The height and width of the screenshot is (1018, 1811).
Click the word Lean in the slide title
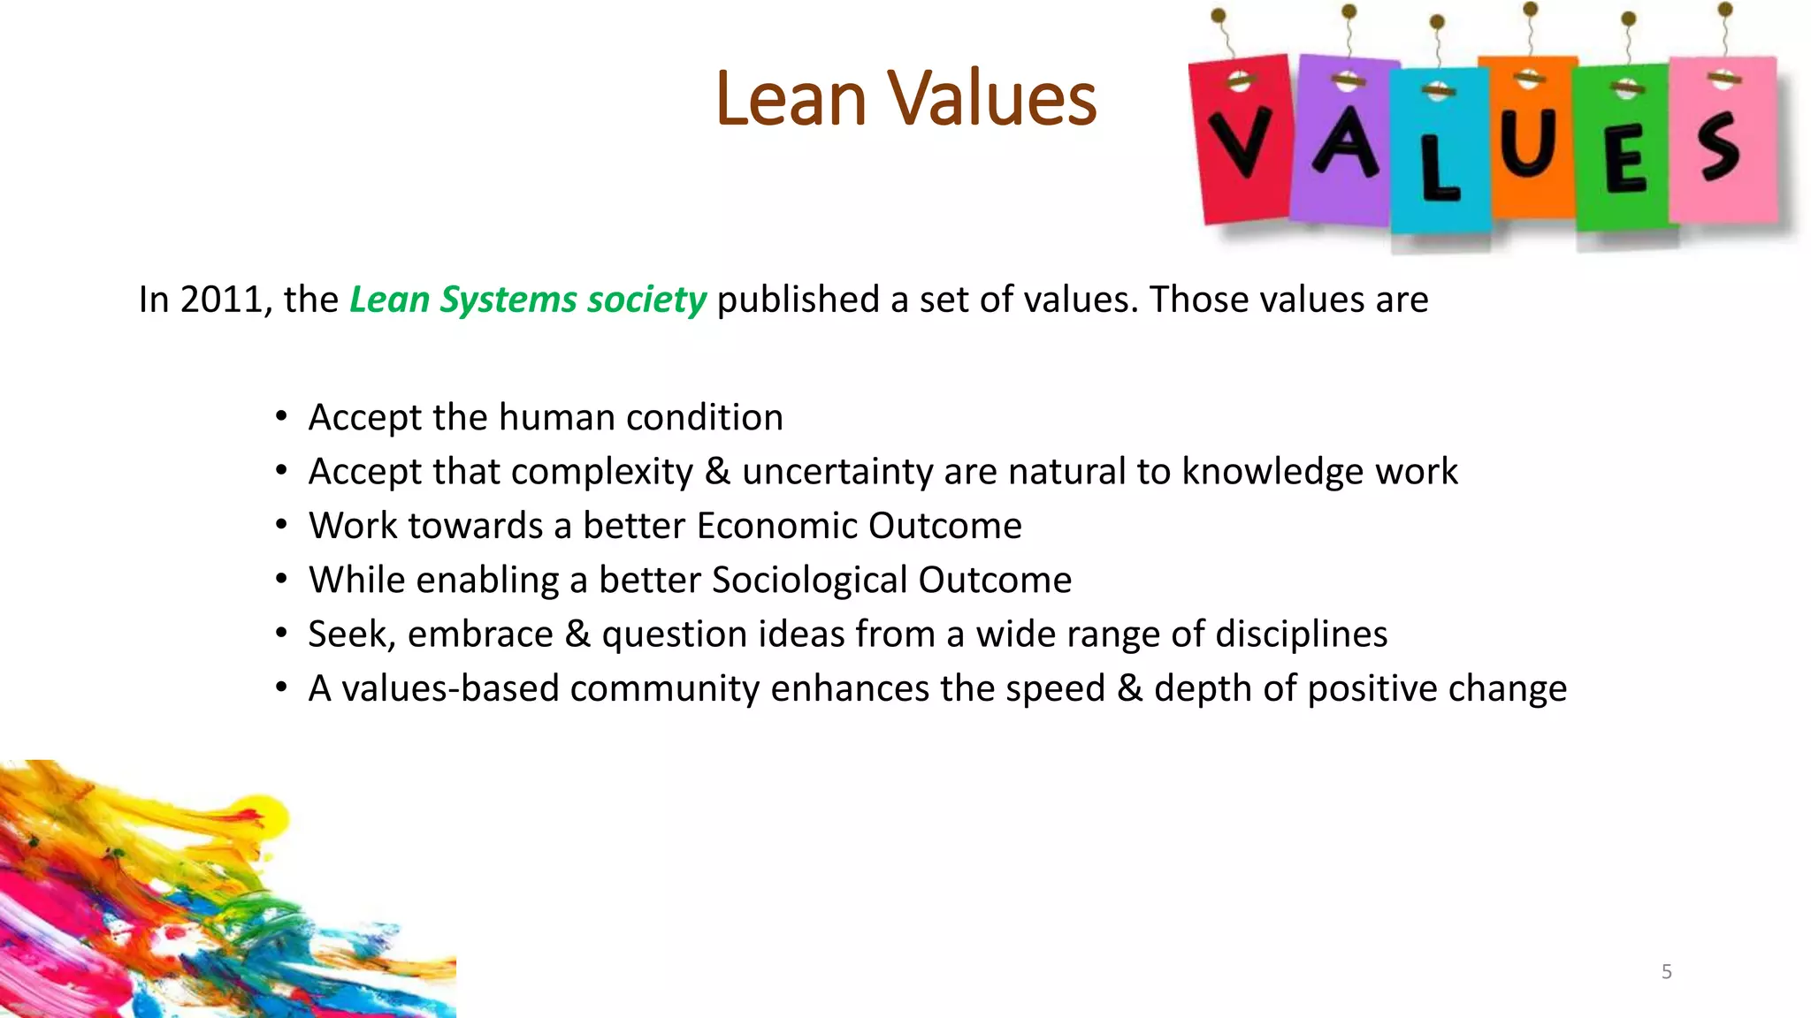click(791, 99)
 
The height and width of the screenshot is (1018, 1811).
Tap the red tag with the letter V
click(1240, 141)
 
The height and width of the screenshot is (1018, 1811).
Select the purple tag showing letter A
click(1344, 141)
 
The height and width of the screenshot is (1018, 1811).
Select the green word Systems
click(508, 300)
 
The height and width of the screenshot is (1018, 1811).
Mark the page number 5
click(1666, 972)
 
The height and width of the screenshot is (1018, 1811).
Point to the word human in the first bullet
click(556, 417)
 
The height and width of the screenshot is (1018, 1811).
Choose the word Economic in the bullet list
click(776, 526)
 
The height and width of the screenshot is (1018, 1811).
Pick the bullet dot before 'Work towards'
click(281, 525)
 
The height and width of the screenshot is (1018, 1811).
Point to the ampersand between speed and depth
click(1129, 688)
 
